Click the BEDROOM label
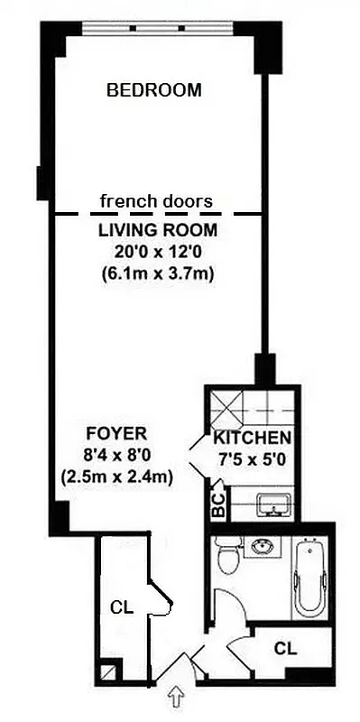tap(153, 90)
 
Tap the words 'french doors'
tap(156, 200)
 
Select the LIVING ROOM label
tap(157, 231)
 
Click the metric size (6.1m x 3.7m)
tap(157, 273)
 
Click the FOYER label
tap(116, 432)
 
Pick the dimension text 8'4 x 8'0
tap(116, 454)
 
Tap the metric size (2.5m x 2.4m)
tap(116, 476)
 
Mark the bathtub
tap(311, 579)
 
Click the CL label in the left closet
tap(121, 607)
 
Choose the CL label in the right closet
tap(285, 647)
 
